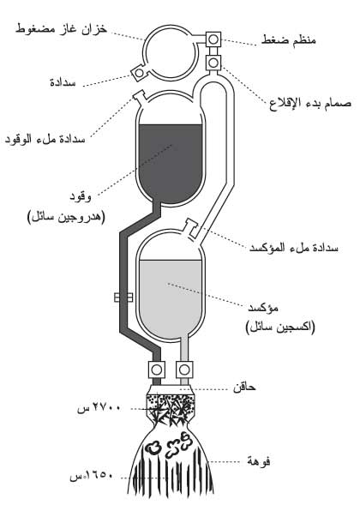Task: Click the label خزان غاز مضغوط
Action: pos(61,29)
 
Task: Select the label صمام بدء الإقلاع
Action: pos(310,104)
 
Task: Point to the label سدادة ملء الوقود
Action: pos(45,139)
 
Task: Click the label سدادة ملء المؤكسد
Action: pos(294,248)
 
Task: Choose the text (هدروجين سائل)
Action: pos(66,217)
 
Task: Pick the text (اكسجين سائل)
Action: pos(280,328)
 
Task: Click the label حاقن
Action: pos(245,387)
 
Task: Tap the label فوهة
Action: pos(259,461)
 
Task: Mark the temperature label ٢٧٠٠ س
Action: pos(99,408)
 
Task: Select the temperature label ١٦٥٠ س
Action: pos(92,476)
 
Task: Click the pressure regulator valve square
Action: pos(213,39)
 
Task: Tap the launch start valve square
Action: pos(213,62)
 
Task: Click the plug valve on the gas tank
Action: pos(139,73)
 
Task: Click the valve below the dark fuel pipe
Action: pos(157,370)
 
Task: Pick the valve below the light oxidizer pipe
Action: pos(184,370)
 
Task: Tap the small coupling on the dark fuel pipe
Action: pos(123,297)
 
